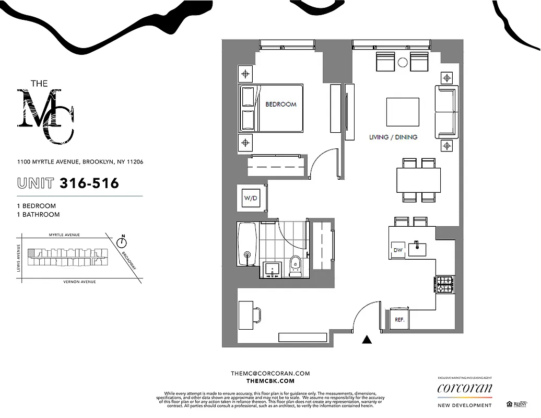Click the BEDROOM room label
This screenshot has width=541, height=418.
pos(280,104)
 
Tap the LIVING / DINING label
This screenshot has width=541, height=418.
pos(393,137)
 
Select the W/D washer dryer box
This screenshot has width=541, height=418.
pos(251,198)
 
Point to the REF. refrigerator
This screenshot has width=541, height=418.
pos(399,319)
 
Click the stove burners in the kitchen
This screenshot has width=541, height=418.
pos(445,285)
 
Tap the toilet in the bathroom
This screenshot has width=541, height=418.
pos(295,265)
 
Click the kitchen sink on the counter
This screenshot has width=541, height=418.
pos(417,246)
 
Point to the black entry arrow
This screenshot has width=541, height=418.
pos(367,340)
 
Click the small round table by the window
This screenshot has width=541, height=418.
pos(403,62)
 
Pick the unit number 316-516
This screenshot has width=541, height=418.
pos(89,183)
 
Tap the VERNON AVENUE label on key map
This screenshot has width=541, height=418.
pos(80,282)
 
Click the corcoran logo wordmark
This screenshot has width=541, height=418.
pos(464,388)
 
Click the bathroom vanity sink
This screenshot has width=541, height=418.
pos(272,269)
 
